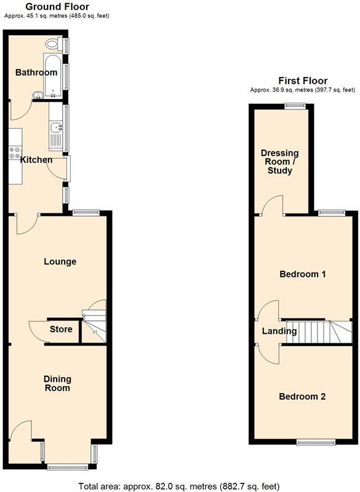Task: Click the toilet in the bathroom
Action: tap(54, 44)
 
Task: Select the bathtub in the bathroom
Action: tap(52, 75)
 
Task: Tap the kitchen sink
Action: tap(56, 129)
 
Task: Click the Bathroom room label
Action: tap(36, 73)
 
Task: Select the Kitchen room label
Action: tap(37, 160)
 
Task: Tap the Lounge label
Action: tap(60, 261)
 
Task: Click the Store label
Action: tap(62, 329)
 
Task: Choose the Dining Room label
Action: tap(57, 383)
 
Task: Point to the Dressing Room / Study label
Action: tap(279, 162)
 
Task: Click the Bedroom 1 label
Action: tap(302, 274)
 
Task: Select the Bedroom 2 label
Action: tap(302, 397)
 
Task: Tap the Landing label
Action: tap(279, 331)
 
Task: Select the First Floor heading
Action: tap(303, 81)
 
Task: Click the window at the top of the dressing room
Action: tap(295, 105)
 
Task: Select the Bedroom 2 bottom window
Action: tap(316, 442)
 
